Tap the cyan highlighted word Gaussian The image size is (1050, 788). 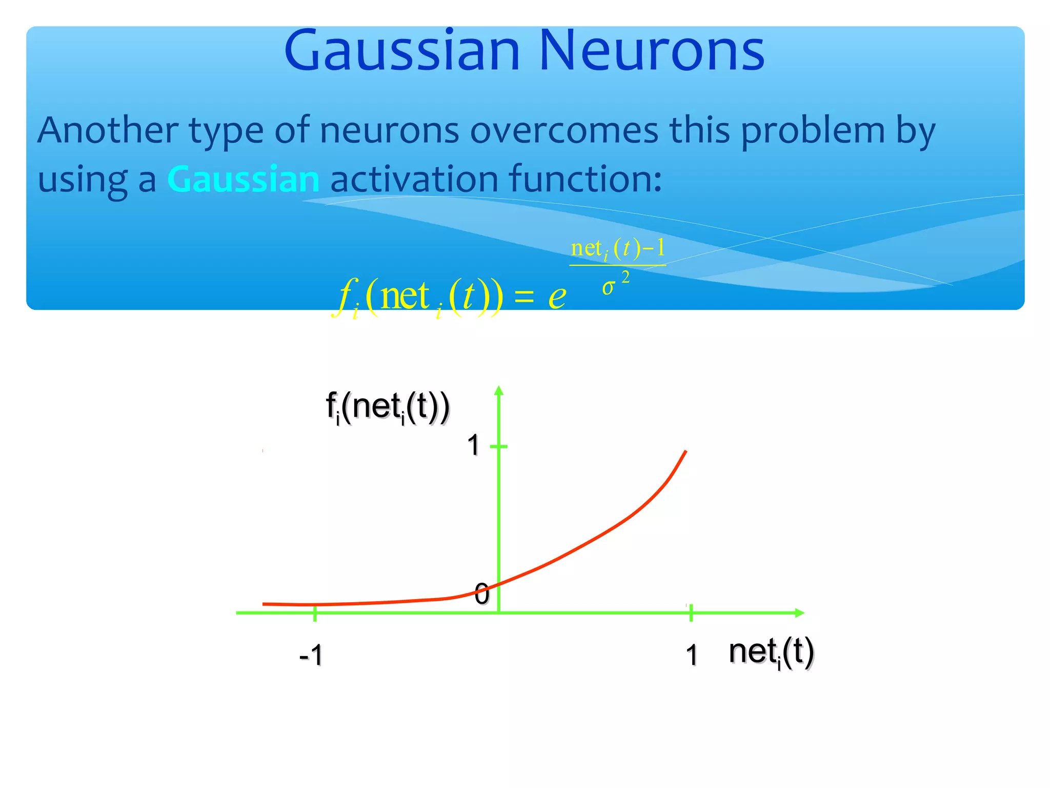pyautogui.click(x=243, y=180)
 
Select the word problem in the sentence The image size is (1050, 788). pyautogui.click(x=813, y=130)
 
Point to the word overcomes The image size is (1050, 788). pyautogui.click(x=564, y=130)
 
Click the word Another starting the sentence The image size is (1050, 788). pyautogui.click(x=108, y=130)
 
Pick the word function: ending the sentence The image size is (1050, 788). pyautogui.click(x=585, y=180)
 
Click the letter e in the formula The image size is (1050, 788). pyautogui.click(x=557, y=297)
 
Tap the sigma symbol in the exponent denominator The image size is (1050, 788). pyautogui.click(x=608, y=287)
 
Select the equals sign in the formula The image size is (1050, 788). pyautogui.click(x=524, y=297)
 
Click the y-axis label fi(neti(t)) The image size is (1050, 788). pyautogui.click(x=388, y=407)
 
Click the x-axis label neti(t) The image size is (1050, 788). pyautogui.click(x=771, y=653)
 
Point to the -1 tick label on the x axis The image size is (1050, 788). pyautogui.click(x=311, y=655)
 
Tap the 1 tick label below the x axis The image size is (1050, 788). pyautogui.click(x=692, y=655)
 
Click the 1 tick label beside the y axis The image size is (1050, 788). pyautogui.click(x=473, y=445)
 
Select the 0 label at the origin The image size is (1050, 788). pyautogui.click(x=482, y=594)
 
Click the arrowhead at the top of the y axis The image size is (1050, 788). pyautogui.click(x=499, y=390)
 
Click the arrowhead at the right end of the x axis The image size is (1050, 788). pyautogui.click(x=799, y=613)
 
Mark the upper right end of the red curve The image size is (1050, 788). pyautogui.click(x=685, y=451)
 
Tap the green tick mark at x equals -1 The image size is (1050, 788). pyautogui.click(x=315, y=613)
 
